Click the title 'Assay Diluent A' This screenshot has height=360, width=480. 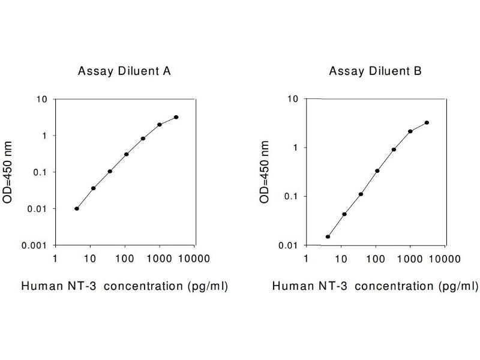click(x=124, y=71)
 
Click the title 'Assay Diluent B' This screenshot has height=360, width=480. click(x=376, y=71)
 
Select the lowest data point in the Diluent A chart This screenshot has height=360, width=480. click(x=77, y=208)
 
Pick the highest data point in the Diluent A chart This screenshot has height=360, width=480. click(x=176, y=117)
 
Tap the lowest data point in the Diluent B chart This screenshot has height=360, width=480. click(x=328, y=236)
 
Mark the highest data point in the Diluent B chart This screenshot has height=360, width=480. click(x=427, y=122)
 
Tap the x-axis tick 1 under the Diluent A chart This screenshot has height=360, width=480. click(x=56, y=259)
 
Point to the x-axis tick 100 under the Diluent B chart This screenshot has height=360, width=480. click(x=376, y=259)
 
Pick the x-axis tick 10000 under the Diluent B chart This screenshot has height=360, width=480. click(x=446, y=259)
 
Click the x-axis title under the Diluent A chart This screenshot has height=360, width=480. click(x=124, y=286)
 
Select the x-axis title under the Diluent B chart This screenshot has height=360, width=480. click(x=376, y=286)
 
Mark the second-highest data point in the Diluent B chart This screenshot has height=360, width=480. click(x=410, y=131)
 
